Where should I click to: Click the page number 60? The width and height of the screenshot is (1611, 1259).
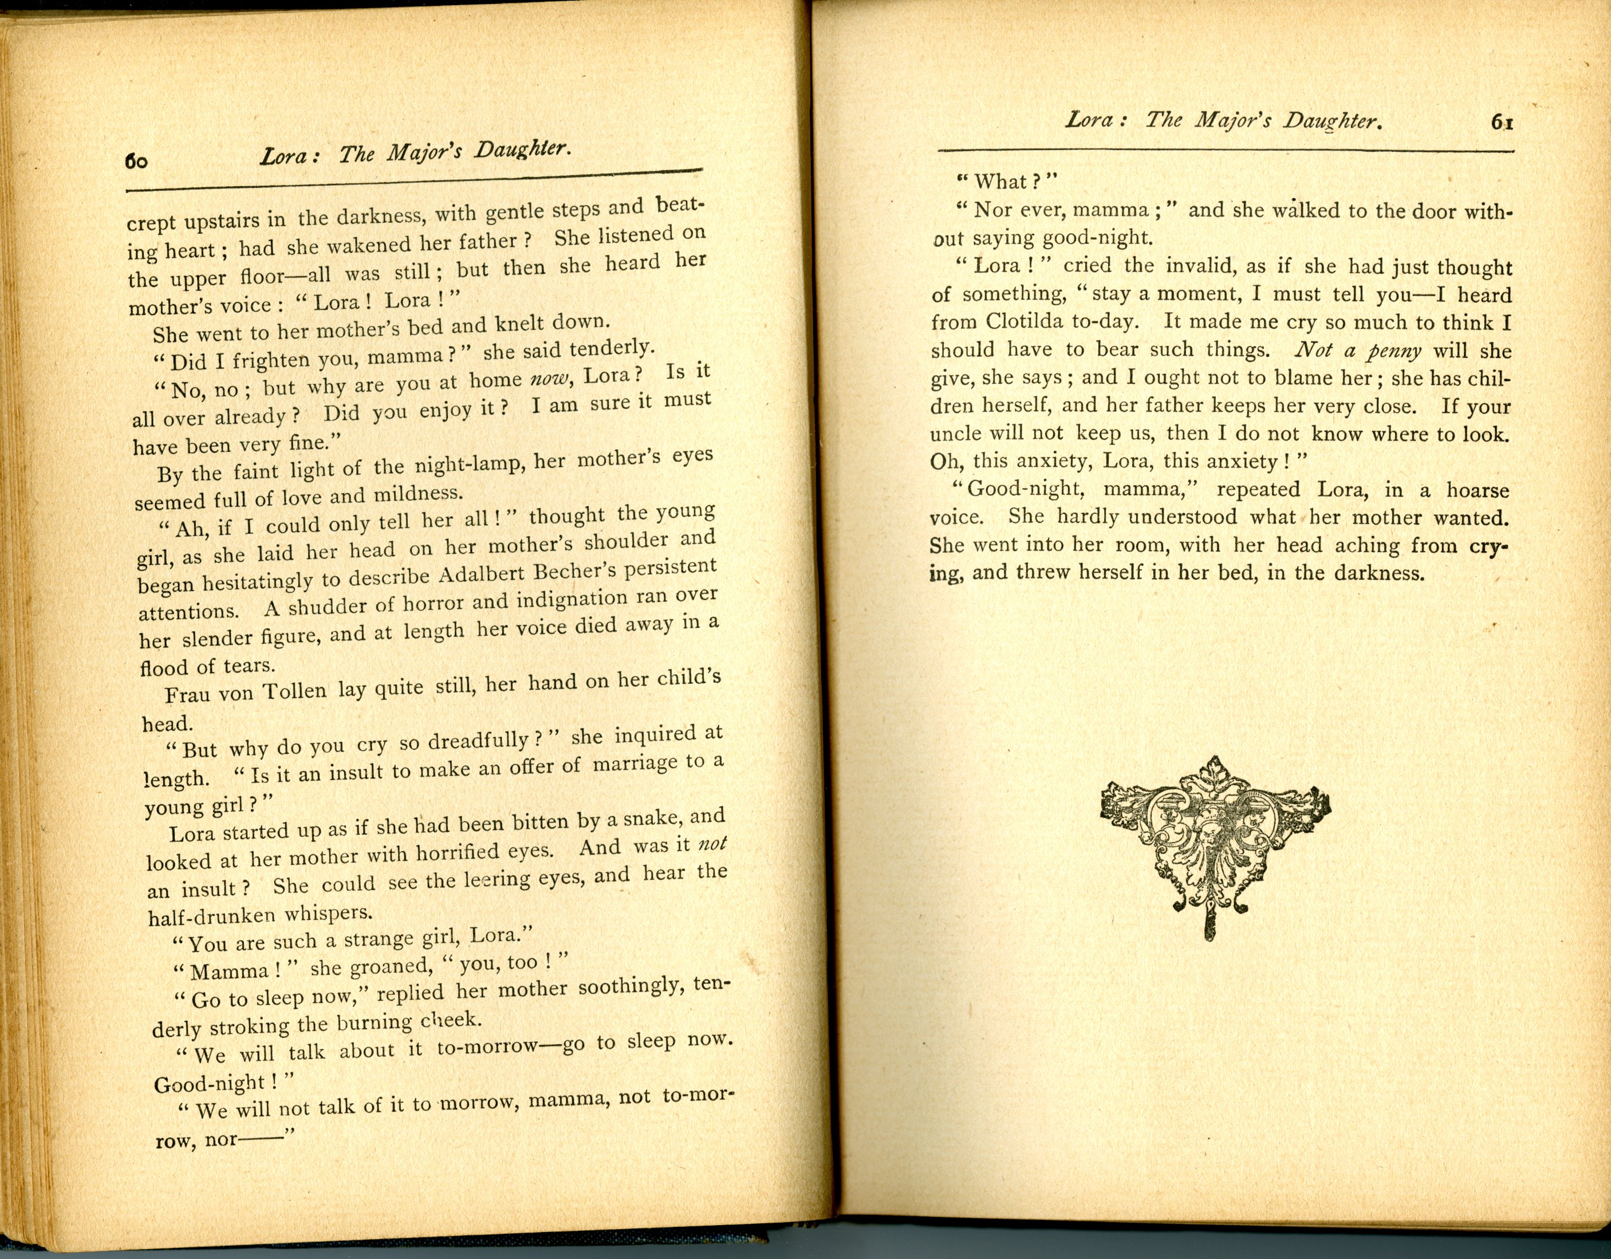[x=136, y=161]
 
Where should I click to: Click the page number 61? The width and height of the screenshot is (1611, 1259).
[x=1502, y=123]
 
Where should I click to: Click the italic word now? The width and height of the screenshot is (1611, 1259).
[x=549, y=379]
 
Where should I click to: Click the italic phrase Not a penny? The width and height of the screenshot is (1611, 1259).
[x=1357, y=351]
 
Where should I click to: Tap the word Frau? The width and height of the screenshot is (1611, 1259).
[x=188, y=695]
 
